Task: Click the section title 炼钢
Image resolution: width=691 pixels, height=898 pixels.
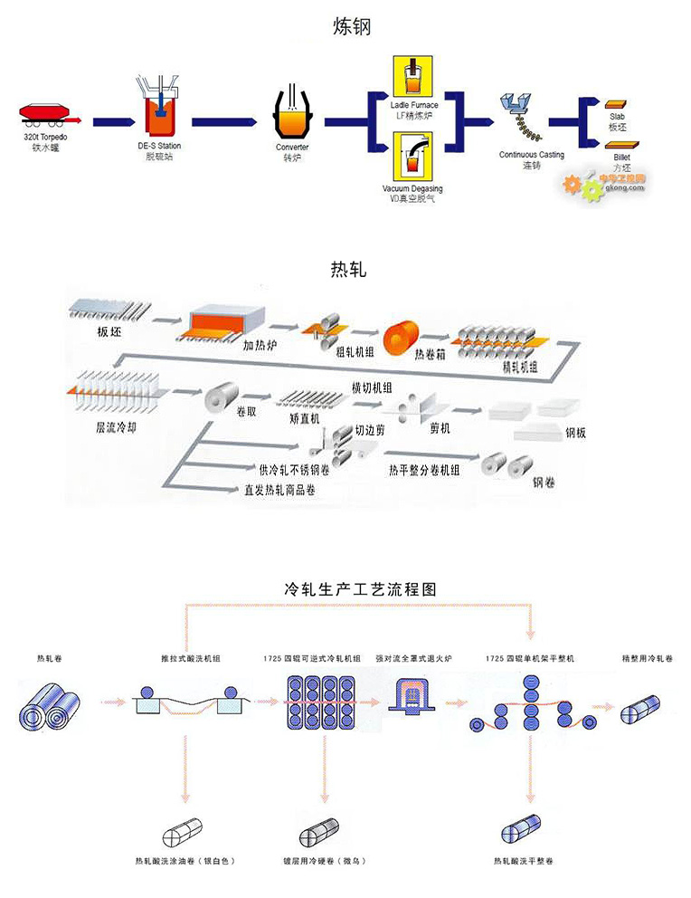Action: tap(352, 28)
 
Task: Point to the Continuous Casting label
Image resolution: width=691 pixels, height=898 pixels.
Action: tap(531, 155)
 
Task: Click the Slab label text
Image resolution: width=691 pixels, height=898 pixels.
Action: tap(618, 117)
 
